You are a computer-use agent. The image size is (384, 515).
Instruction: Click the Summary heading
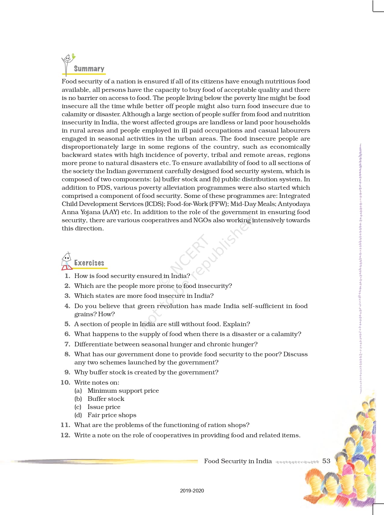(x=89, y=69)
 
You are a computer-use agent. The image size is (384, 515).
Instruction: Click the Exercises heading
(x=89, y=263)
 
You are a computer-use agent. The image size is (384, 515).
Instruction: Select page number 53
(x=326, y=461)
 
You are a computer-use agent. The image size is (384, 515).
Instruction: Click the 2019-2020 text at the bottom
(x=192, y=491)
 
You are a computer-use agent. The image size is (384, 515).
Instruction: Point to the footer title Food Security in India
(x=238, y=461)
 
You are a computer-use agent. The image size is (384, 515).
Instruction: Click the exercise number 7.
(x=67, y=344)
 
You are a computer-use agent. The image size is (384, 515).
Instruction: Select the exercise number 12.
(x=65, y=435)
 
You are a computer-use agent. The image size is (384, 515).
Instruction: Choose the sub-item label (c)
(x=78, y=407)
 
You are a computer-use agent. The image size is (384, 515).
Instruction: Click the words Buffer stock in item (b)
(x=106, y=399)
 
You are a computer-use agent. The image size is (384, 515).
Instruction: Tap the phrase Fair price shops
(x=112, y=415)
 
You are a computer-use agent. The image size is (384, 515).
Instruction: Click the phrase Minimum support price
(x=123, y=391)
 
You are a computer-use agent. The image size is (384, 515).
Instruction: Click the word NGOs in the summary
(x=202, y=220)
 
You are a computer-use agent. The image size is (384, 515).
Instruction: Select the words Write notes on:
(x=97, y=382)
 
